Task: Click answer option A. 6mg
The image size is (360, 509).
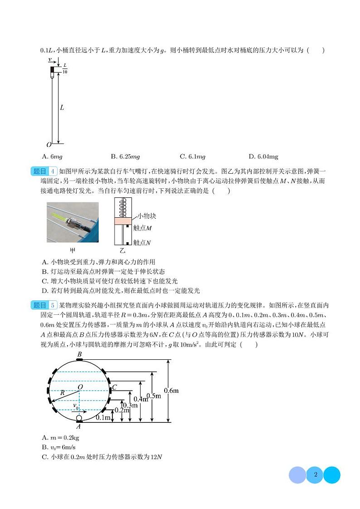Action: [x=51, y=157]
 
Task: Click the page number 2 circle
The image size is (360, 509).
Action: [x=315, y=475]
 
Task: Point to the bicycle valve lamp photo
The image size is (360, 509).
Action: [x=73, y=222]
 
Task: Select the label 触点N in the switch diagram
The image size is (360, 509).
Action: [x=142, y=243]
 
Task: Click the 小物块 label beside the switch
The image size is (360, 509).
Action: [x=146, y=216]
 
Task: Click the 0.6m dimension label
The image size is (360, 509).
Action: [x=171, y=390]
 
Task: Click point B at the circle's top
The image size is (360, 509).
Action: [x=79, y=354]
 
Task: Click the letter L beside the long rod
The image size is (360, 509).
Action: [x=62, y=108]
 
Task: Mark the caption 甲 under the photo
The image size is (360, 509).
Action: [x=73, y=250]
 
